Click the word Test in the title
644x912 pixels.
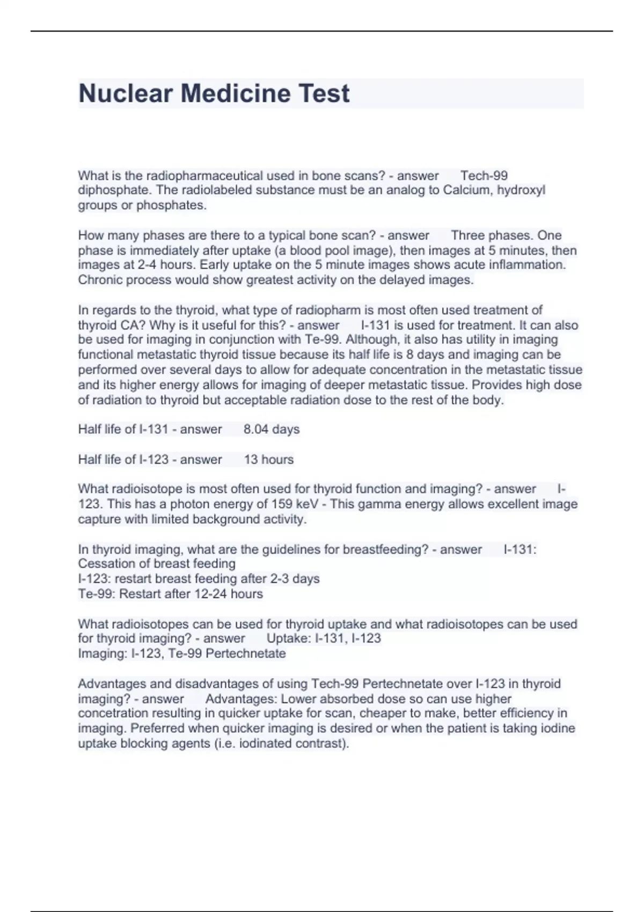(324, 93)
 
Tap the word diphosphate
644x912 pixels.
(115, 190)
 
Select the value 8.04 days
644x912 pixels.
(272, 430)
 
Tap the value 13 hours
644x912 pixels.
(269, 460)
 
